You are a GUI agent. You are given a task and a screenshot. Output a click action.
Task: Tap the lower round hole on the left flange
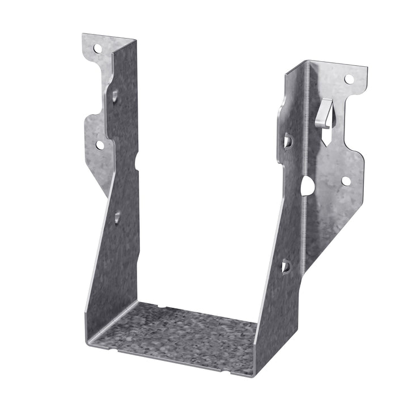(x=100, y=145)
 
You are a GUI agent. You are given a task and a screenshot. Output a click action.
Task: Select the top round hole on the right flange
(x=348, y=79)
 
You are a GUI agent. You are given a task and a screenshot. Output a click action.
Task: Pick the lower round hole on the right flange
(x=346, y=181)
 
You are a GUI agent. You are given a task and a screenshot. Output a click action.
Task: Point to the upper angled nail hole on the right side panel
(x=287, y=141)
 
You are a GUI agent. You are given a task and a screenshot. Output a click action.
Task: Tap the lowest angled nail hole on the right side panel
(x=286, y=265)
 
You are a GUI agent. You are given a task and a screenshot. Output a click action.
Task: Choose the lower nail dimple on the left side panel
(x=117, y=215)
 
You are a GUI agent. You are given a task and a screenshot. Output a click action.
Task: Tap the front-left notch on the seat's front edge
(x=122, y=350)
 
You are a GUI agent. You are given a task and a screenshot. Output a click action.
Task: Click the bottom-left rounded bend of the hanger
(x=91, y=334)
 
